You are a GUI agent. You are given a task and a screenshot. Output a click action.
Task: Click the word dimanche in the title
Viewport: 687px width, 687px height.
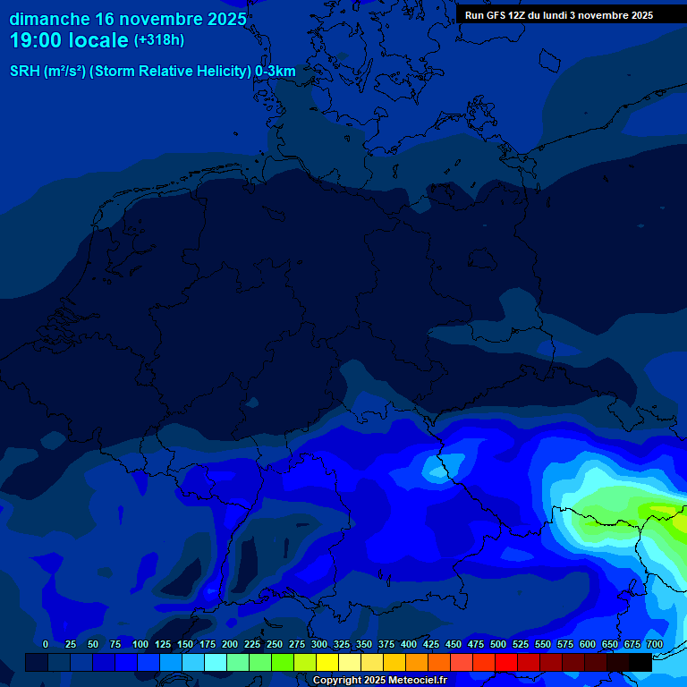pyautogui.click(x=49, y=19)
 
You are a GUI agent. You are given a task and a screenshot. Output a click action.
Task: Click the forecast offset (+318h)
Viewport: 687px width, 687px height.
pyautogui.click(x=159, y=40)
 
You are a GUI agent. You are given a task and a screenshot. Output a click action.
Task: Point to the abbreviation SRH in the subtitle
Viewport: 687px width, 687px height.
pyautogui.click(x=25, y=72)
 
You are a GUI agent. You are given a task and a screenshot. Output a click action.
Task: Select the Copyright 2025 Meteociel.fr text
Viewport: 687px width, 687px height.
pyautogui.click(x=379, y=680)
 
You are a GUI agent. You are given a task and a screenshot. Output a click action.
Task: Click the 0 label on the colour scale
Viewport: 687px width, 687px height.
pyautogui.click(x=46, y=644)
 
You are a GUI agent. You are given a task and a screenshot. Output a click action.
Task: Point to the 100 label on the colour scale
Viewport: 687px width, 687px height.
pyautogui.click(x=140, y=644)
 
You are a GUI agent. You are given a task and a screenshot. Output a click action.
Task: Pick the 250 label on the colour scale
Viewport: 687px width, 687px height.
pyautogui.click(x=275, y=644)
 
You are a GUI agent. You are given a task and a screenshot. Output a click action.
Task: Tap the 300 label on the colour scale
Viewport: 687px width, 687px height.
pyautogui.click(x=319, y=644)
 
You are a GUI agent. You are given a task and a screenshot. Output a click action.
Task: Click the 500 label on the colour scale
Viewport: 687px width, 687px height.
pyautogui.click(x=498, y=644)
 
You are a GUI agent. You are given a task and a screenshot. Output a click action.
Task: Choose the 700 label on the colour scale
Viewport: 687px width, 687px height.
pyautogui.click(x=655, y=644)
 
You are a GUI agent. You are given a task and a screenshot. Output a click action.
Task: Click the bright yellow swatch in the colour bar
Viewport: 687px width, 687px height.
pyautogui.click(x=327, y=662)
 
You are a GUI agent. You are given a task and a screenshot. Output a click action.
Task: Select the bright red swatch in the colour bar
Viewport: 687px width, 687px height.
pyautogui.click(x=506, y=662)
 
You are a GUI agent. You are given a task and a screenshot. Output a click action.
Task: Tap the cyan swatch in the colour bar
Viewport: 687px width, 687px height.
pyautogui.click(x=216, y=662)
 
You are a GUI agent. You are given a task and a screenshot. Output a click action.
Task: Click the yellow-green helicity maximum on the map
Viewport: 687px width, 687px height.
pyautogui.click(x=666, y=512)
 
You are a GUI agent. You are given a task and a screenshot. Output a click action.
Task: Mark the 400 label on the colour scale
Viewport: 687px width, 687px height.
pyautogui.click(x=409, y=644)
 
